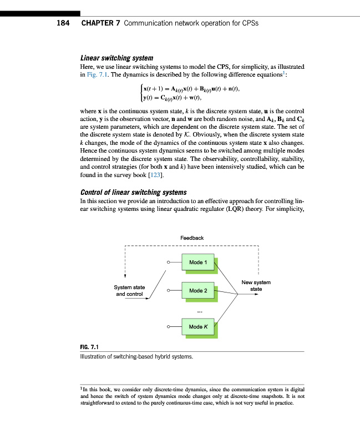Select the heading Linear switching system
point(116,58)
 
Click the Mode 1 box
point(198,263)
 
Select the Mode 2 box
point(198,290)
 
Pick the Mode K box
point(198,326)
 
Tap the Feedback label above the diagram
point(192,238)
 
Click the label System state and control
point(129,290)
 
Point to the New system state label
point(256,286)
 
